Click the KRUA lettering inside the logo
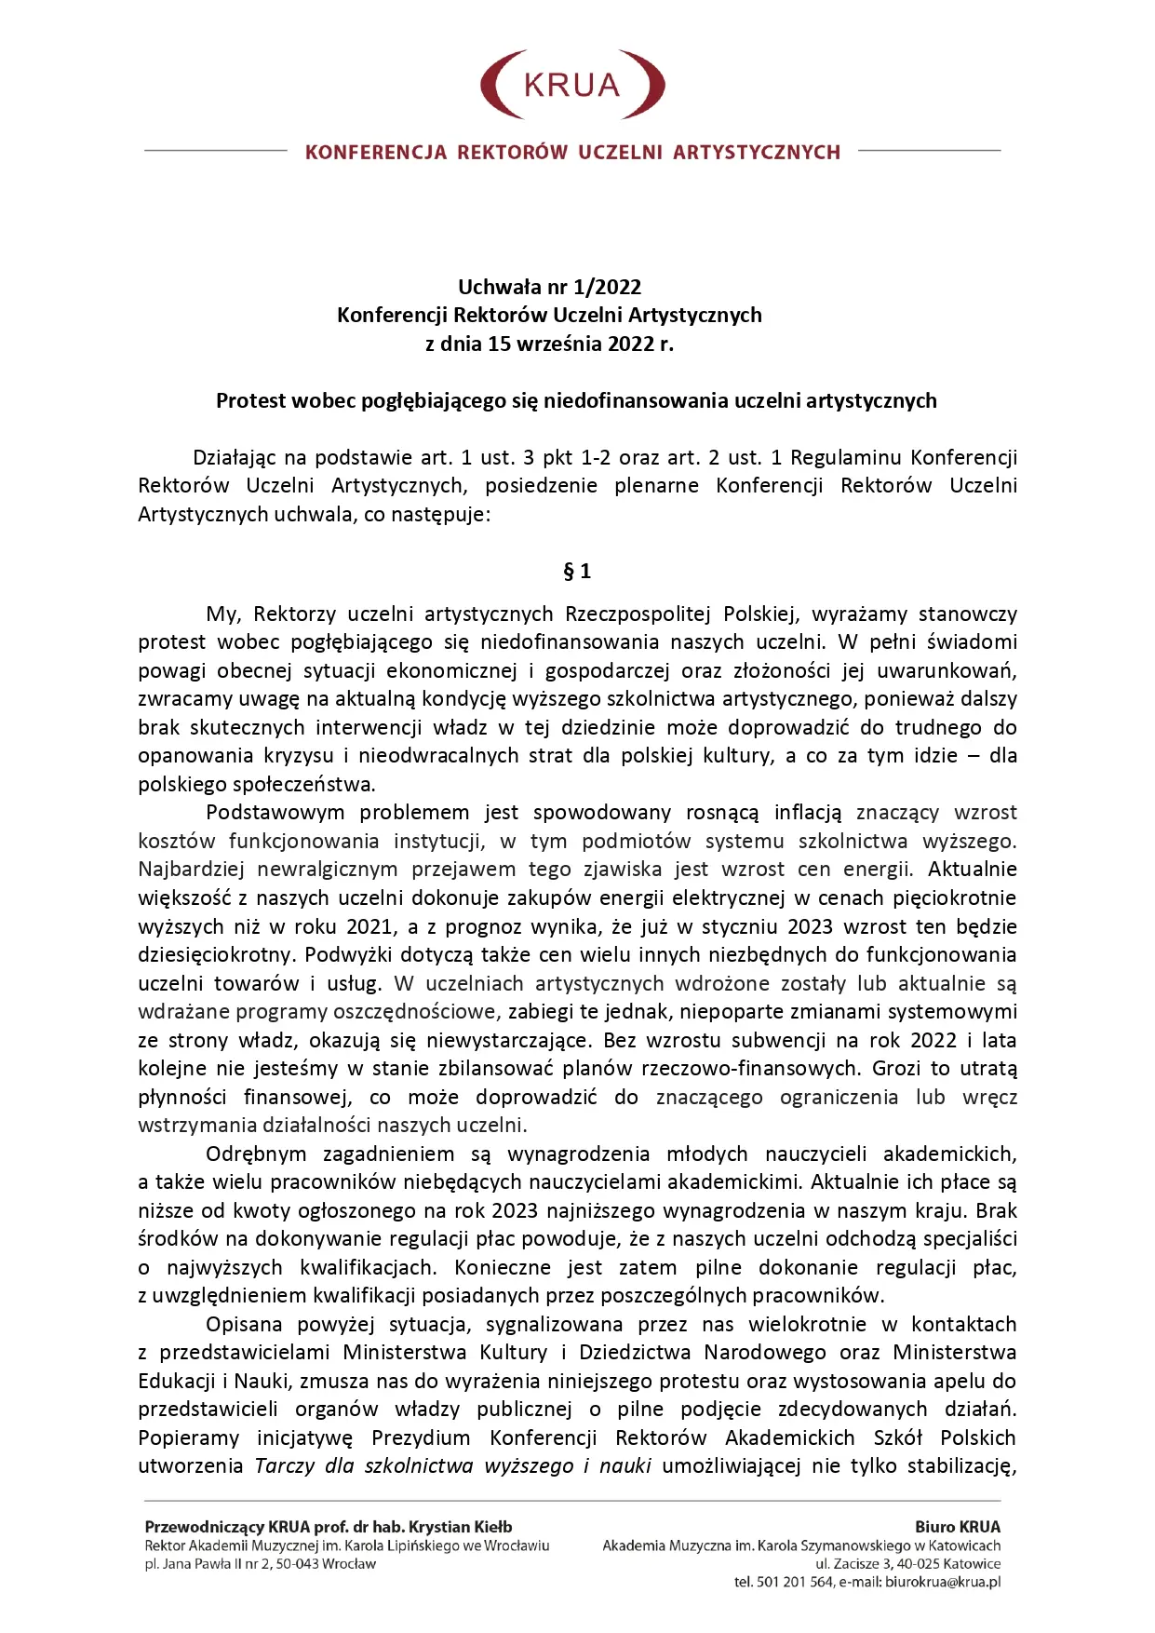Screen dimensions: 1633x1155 coord(571,86)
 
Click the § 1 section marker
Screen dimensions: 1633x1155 coord(577,571)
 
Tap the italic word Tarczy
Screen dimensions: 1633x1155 coord(285,1466)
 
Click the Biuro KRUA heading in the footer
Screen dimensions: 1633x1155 coord(958,1527)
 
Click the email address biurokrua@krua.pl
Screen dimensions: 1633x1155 coord(942,1583)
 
